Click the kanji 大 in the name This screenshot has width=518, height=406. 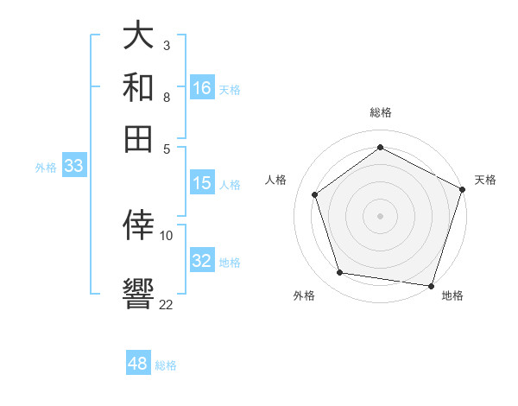pos(139,37)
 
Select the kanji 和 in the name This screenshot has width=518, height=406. pos(139,87)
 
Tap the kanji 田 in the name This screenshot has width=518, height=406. pos(139,137)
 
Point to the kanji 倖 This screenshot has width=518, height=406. pos(139,225)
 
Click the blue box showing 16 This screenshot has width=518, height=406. pos(202,88)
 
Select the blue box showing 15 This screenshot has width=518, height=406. pos(202,183)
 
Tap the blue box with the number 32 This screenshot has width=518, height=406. pos(202,261)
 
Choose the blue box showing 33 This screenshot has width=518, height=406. pos(73,166)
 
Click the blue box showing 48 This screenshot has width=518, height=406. pos(138,364)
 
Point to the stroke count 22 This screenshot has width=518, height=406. pos(166,304)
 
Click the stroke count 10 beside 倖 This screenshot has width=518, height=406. pos(166,235)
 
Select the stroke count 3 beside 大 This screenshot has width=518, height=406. pos(166,45)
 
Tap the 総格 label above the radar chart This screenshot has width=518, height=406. pos(380,112)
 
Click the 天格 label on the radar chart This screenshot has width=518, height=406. pos(485,180)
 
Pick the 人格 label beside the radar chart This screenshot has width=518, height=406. pos(276,180)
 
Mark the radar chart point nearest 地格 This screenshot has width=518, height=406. pos(432,285)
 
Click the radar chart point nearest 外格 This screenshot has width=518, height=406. pos(340,273)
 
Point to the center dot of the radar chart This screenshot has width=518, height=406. pos(380,215)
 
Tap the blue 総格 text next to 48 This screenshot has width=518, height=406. pos(166,365)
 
